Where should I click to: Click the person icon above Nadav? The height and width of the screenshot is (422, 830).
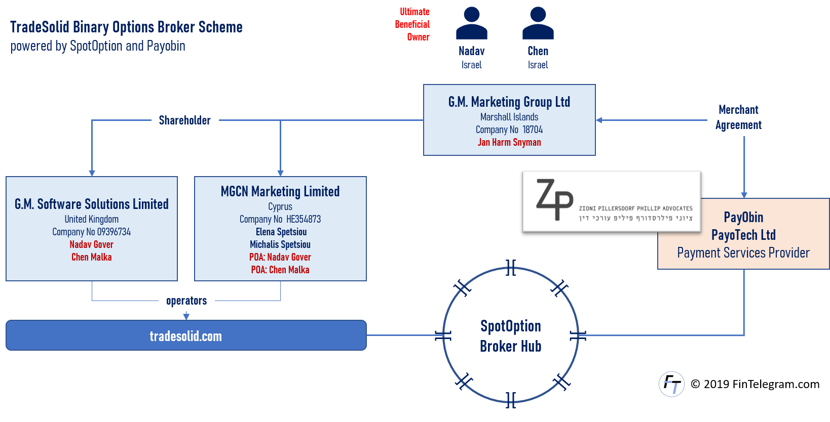471,23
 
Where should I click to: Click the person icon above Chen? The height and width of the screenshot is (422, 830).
538,23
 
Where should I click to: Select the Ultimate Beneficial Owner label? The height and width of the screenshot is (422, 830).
412,24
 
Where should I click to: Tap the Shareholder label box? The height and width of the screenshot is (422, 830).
185,120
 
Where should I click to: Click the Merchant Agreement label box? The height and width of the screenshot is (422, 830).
738,117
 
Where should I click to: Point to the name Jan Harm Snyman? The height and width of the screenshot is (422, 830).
509,142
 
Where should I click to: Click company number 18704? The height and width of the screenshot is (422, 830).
533,130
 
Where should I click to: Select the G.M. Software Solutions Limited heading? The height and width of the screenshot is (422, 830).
92,204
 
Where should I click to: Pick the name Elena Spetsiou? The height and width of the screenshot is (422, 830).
281,232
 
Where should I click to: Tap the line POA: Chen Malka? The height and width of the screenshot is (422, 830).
280,270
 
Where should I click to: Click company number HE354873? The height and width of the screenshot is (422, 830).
304,219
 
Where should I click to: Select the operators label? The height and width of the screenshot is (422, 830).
186,300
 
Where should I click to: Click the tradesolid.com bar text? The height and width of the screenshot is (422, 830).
186,336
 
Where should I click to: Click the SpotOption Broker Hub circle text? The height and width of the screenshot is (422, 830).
511,336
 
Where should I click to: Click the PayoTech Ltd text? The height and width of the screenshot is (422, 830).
743,235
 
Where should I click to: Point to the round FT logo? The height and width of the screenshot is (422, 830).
672,384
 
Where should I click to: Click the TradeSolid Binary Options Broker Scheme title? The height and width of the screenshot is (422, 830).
126,27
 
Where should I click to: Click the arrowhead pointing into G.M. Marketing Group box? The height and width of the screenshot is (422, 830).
599,120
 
